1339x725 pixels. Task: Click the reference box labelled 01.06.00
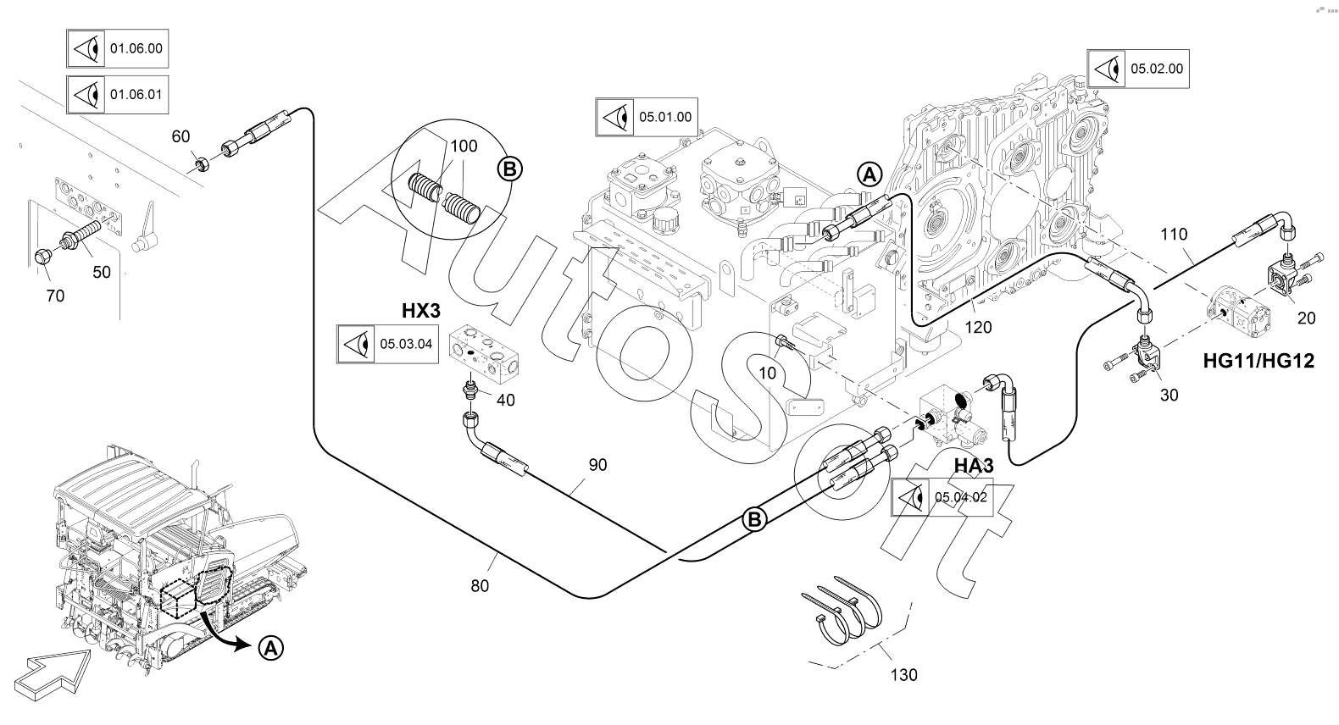[117, 49]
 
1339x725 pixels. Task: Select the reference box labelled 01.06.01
[117, 94]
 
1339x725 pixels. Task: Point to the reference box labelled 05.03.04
[387, 345]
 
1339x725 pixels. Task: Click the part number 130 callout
[903, 675]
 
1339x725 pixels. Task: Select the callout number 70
[55, 296]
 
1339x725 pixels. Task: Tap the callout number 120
[978, 327]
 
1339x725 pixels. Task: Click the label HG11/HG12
[1258, 362]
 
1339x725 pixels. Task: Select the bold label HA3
[973, 465]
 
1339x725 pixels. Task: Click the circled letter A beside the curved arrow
[269, 648]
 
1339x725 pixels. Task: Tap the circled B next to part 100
[510, 170]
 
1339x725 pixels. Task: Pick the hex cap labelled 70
[42, 257]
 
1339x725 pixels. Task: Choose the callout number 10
[767, 372]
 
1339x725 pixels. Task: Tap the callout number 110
[1174, 234]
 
